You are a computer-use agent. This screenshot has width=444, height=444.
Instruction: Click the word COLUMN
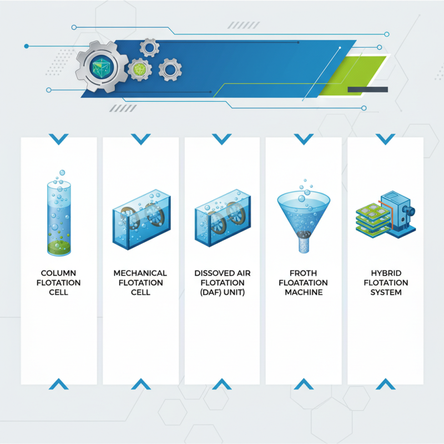pos(58,273)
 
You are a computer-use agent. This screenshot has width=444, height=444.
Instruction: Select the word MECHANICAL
pos(140,273)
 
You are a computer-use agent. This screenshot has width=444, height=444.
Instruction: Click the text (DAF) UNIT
pos(221,292)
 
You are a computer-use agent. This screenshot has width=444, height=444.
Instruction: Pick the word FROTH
pos(303,273)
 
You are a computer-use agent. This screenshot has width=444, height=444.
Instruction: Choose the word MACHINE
pos(303,292)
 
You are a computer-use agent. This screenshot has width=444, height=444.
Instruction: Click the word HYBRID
pos(385,273)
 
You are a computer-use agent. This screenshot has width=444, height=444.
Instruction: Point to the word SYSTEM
pos(385,292)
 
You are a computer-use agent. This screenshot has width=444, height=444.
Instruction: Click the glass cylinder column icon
pos(58,216)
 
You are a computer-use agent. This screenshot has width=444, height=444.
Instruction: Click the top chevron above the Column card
pos(58,138)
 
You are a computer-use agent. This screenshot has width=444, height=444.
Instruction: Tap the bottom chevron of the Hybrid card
pos(385,384)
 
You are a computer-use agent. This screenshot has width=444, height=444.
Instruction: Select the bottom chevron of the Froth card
pos(303,384)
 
